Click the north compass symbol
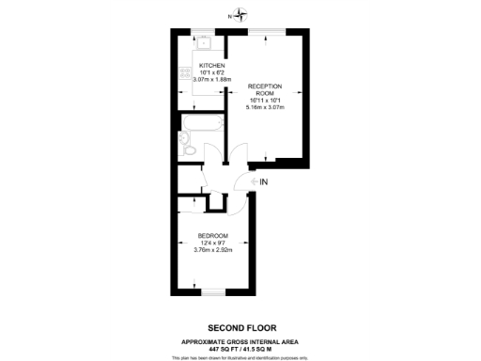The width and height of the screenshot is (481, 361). (x=240, y=14)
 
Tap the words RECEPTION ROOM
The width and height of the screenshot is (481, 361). (x=265, y=90)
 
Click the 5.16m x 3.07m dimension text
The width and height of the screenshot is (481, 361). (x=265, y=107)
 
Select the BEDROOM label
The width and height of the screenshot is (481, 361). (x=213, y=235)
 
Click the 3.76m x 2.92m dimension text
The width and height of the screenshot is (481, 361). (x=213, y=249)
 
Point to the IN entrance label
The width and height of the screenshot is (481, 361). (x=264, y=181)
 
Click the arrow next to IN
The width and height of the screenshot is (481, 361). (x=251, y=181)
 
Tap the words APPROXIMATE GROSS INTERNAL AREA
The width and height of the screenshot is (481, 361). (x=240, y=341)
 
